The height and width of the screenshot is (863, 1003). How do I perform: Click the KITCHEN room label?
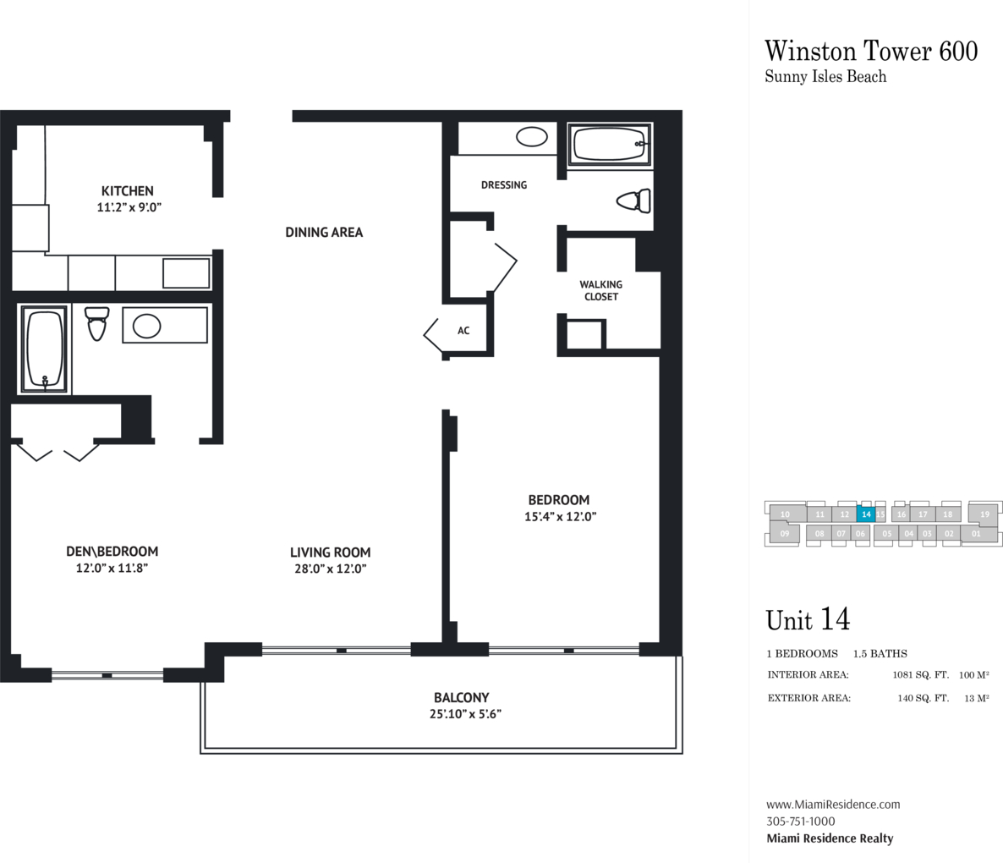[128, 190]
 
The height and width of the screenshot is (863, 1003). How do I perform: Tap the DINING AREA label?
[324, 232]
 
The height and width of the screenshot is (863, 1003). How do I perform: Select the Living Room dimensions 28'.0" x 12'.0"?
[330, 569]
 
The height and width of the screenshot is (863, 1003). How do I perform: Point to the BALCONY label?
[461, 697]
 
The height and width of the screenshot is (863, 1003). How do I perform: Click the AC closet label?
[463, 331]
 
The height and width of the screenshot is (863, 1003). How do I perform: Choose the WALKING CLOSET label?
[601, 290]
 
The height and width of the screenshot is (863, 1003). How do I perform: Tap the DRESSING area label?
[504, 185]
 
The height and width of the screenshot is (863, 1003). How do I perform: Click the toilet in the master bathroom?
[634, 201]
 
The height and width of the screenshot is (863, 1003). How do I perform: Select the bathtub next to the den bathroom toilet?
[43, 349]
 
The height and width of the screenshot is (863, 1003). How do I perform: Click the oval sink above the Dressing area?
[532, 136]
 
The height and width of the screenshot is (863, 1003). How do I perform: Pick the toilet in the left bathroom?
[97, 324]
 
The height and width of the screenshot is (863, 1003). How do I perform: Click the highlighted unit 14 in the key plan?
[866, 514]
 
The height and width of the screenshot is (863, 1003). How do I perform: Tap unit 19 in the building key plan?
[984, 514]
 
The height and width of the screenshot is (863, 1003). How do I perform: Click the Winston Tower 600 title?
[871, 51]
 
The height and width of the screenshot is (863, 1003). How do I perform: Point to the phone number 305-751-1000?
[800, 822]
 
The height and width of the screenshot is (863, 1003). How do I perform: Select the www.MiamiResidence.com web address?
[833, 804]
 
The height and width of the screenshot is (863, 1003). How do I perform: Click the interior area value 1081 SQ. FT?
[920, 674]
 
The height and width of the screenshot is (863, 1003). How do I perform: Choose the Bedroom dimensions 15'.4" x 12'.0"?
[561, 516]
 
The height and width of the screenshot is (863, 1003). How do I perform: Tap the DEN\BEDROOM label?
[112, 552]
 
